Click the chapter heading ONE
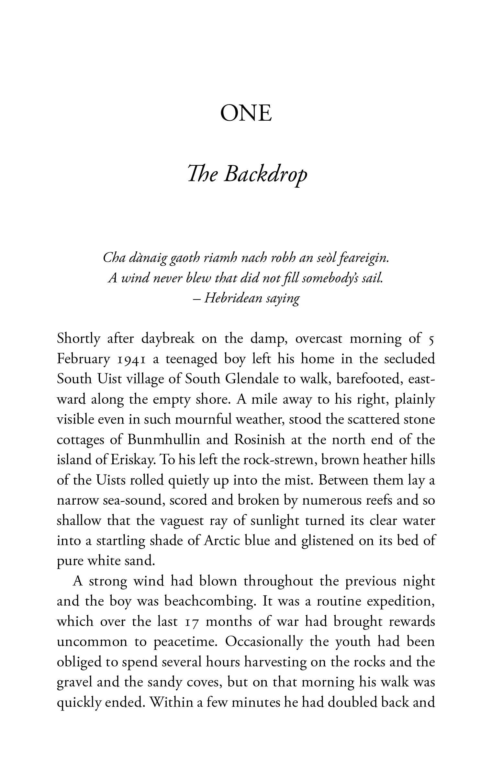click(246, 114)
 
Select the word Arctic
click(222, 541)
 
